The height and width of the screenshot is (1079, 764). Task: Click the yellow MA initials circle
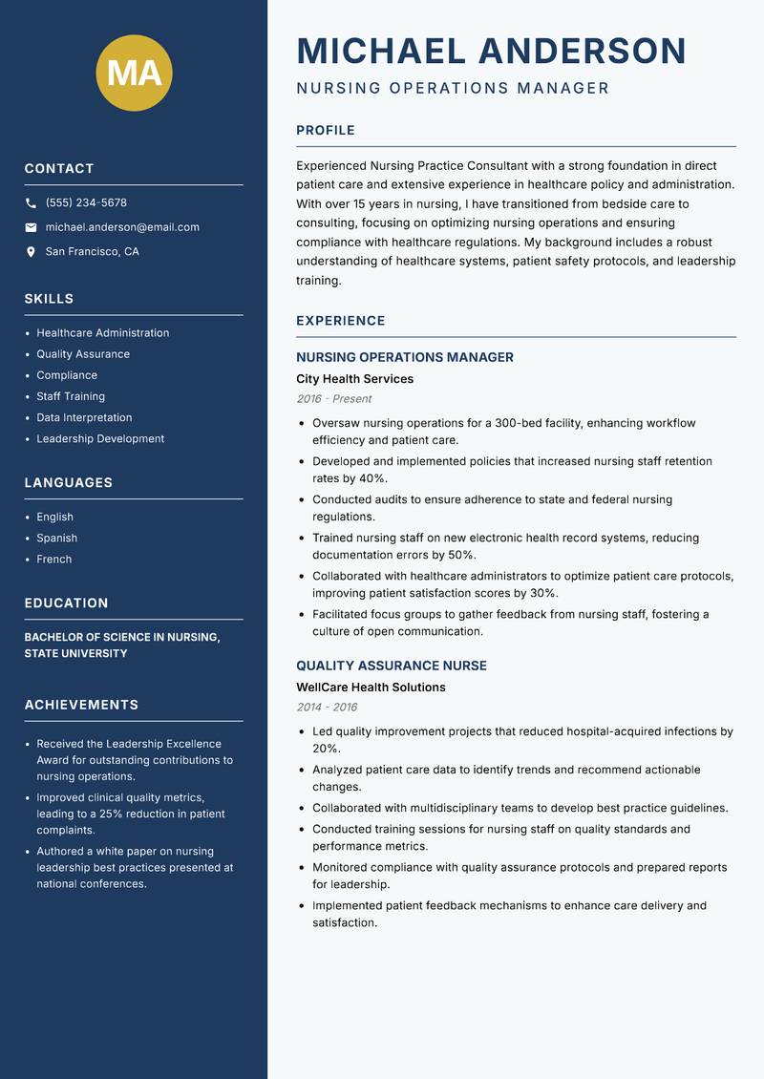pos(134,72)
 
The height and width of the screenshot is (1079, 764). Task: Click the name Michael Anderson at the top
pos(491,51)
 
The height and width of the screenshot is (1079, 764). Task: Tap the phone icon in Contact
pos(31,203)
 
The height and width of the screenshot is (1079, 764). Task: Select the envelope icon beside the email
pos(31,227)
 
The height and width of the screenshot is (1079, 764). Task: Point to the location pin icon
pos(31,252)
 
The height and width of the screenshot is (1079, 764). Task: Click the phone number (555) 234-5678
pos(86,203)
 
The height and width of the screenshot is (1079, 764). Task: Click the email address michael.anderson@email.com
pos(122,227)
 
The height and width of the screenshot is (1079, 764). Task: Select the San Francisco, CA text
pos(92,252)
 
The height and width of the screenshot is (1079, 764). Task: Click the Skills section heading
pos(49,299)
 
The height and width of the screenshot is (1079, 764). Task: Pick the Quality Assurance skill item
pos(83,354)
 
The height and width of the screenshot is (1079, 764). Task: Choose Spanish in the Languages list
pos(56,539)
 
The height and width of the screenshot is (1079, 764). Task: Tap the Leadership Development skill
pos(100,439)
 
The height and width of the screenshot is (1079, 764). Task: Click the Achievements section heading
pos(81,705)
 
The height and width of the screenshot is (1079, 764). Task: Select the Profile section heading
pos(325,131)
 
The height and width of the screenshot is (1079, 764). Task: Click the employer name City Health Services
pos(354,379)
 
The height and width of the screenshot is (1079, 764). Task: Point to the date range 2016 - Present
pos(333,399)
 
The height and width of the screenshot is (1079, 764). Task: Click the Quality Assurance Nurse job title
pos(391,666)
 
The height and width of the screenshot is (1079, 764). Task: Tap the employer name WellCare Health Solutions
pos(371,688)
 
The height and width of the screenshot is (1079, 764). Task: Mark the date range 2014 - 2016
pos(326,708)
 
